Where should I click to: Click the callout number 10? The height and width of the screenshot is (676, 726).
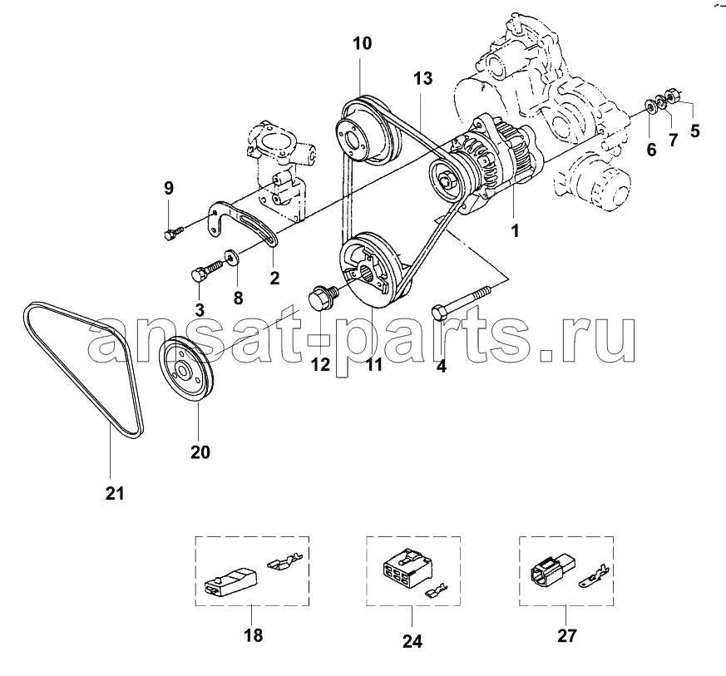(x=362, y=43)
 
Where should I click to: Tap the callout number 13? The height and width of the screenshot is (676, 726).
(x=422, y=78)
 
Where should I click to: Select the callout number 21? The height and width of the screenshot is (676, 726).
(x=115, y=494)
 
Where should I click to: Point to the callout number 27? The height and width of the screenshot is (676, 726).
(x=566, y=636)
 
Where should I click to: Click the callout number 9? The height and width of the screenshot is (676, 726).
(x=169, y=188)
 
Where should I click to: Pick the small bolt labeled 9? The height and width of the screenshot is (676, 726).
(x=174, y=232)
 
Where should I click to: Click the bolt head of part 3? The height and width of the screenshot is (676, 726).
(x=199, y=274)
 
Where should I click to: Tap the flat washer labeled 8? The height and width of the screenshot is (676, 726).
(x=230, y=256)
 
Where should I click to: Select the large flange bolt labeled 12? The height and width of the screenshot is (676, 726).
(x=323, y=298)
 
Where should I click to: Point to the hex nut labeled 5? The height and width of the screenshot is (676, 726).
(x=672, y=96)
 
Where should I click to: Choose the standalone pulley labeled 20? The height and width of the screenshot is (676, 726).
(x=185, y=373)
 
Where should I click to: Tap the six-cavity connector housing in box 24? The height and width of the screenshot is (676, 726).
(x=407, y=568)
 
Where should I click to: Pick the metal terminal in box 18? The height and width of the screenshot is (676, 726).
(x=285, y=559)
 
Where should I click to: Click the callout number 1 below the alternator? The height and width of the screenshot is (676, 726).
(x=515, y=230)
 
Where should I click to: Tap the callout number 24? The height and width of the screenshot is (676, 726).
(x=412, y=641)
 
